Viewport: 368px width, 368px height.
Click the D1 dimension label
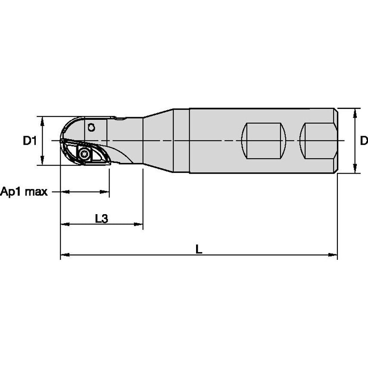(x=29, y=140)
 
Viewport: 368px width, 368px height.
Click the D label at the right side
(x=363, y=140)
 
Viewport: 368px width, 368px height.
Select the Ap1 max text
(x=24, y=191)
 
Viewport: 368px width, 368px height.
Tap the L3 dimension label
(x=101, y=218)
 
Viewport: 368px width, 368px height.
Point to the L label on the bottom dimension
(x=198, y=249)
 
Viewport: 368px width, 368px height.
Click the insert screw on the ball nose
(x=84, y=154)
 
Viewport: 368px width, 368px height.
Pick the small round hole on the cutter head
(x=91, y=127)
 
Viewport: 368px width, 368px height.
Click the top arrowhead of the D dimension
(x=355, y=112)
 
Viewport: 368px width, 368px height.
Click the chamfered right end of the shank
(x=335, y=140)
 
